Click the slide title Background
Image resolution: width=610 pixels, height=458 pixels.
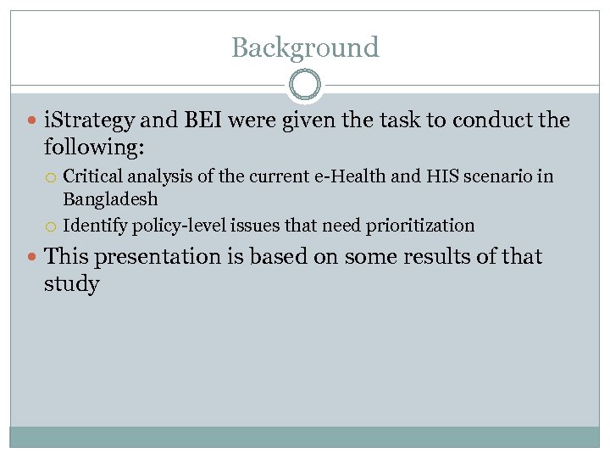[x=305, y=47]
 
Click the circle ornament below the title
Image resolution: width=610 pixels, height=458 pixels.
[x=305, y=86]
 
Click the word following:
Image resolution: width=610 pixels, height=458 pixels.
[x=94, y=148]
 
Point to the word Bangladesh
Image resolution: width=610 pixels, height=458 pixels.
[x=110, y=200]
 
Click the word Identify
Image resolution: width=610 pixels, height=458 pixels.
[x=95, y=226]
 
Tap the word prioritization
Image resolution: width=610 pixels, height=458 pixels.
[x=420, y=226]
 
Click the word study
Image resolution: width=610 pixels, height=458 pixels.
[x=71, y=283]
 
